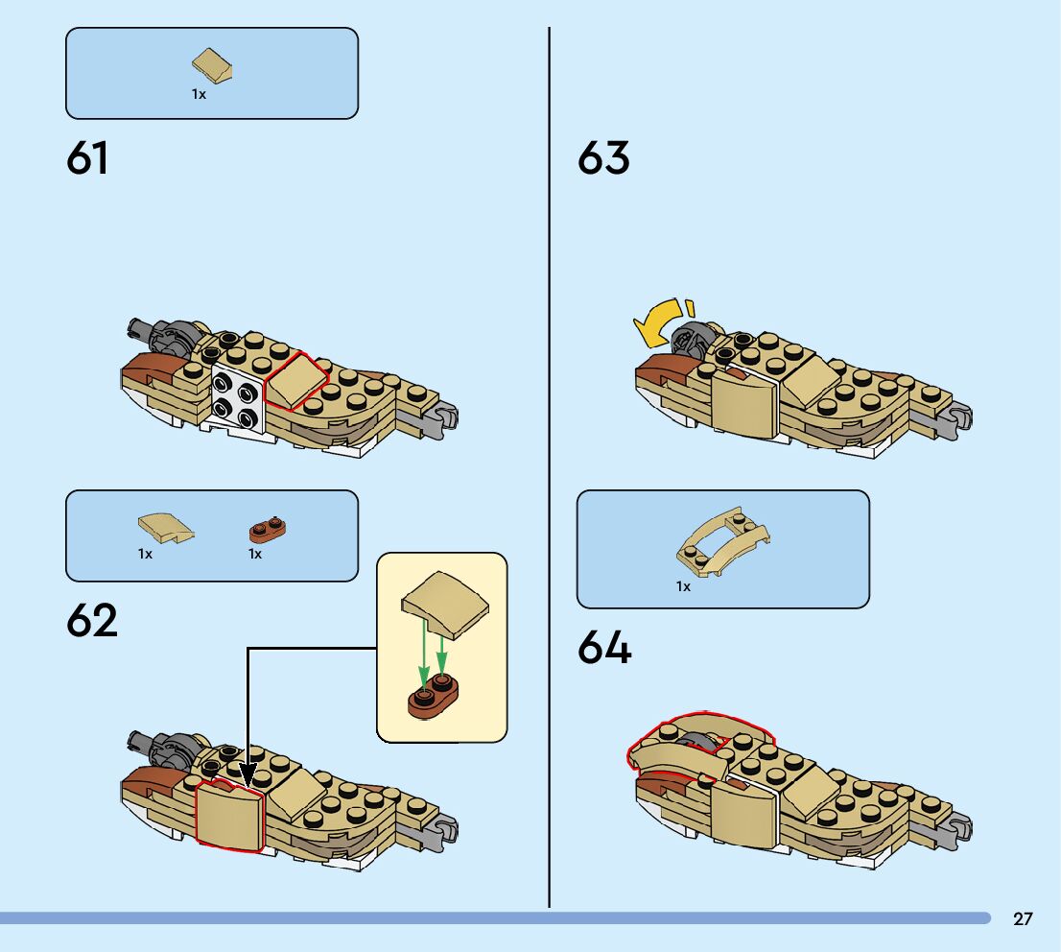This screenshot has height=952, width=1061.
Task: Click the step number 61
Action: click(x=87, y=158)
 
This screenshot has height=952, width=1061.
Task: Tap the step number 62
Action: click(x=92, y=621)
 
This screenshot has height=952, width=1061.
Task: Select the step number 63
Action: click(x=603, y=158)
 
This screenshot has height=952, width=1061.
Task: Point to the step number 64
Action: click(x=604, y=649)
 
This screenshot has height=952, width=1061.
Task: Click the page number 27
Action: click(x=1023, y=919)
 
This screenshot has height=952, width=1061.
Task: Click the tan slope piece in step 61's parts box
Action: click(x=214, y=64)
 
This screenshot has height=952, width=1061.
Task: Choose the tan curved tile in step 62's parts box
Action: click(x=165, y=525)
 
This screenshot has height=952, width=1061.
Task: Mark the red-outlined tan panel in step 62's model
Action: click(x=230, y=815)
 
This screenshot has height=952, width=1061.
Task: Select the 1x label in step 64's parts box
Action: click(x=683, y=585)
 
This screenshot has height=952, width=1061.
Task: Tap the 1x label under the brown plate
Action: click(x=255, y=554)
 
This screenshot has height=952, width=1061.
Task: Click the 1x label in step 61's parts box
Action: click(x=199, y=94)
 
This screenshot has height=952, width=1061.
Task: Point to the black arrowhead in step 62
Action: click(x=248, y=774)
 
